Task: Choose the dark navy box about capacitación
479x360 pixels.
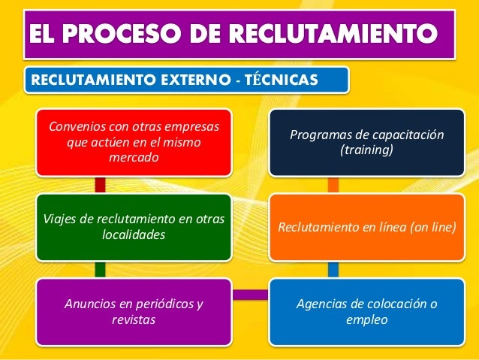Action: tap(367, 143)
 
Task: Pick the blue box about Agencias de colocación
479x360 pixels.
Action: tap(367, 311)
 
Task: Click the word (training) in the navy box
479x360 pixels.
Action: tap(366, 151)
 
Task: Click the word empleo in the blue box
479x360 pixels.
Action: tap(366, 320)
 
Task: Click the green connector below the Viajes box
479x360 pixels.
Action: tap(100, 268)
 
